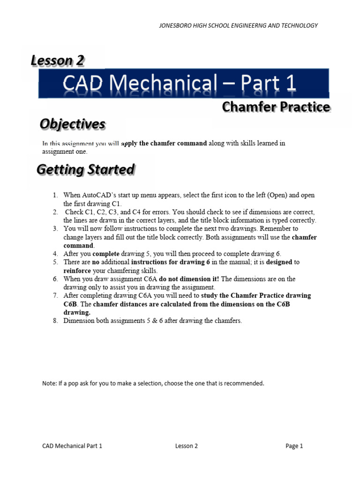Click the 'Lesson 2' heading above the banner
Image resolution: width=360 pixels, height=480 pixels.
click(x=58, y=60)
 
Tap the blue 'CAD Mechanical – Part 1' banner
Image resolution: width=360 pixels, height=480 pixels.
click(x=184, y=84)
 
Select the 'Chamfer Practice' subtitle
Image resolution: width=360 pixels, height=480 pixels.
click(x=276, y=107)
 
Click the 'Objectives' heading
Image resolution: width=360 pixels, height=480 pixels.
click(x=72, y=124)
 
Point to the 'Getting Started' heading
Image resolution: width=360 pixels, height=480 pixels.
click(x=86, y=170)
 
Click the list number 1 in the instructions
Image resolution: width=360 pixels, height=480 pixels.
click(x=55, y=195)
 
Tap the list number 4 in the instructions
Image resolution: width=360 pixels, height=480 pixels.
click(x=55, y=254)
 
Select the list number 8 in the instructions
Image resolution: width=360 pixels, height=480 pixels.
click(x=55, y=321)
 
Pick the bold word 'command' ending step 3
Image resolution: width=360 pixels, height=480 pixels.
click(x=78, y=245)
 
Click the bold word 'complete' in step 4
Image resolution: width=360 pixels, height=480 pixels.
click(x=106, y=254)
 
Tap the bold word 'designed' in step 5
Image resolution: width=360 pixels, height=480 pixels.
click(x=279, y=262)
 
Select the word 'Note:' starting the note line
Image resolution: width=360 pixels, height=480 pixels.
click(x=49, y=383)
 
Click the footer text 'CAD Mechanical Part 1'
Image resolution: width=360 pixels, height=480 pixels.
click(x=72, y=446)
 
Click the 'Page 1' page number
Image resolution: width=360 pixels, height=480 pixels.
click(x=294, y=446)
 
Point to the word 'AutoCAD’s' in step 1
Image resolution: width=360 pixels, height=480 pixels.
click(x=98, y=195)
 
